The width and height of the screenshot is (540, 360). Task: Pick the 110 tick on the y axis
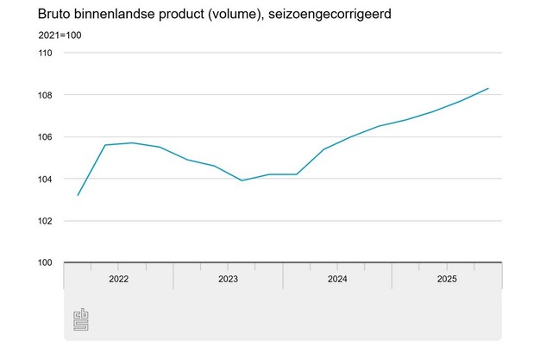[45, 54]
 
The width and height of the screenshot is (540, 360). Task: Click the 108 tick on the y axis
[45, 95]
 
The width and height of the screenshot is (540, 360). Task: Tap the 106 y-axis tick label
[45, 137]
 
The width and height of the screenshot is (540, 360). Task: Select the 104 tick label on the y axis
[45, 179]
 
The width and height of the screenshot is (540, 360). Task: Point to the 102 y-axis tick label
[45, 221]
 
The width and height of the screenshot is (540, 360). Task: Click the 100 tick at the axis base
[45, 262]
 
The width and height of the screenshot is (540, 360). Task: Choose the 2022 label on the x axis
[118, 279]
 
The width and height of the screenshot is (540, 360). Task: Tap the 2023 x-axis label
[228, 279]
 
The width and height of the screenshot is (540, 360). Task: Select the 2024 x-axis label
[337, 279]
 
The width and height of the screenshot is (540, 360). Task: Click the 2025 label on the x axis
[447, 279]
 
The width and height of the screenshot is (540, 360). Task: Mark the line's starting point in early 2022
[78, 195]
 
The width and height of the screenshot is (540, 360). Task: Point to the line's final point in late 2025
[489, 88]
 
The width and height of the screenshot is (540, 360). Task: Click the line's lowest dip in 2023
[242, 180]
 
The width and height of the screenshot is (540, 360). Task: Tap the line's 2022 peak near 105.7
[132, 143]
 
